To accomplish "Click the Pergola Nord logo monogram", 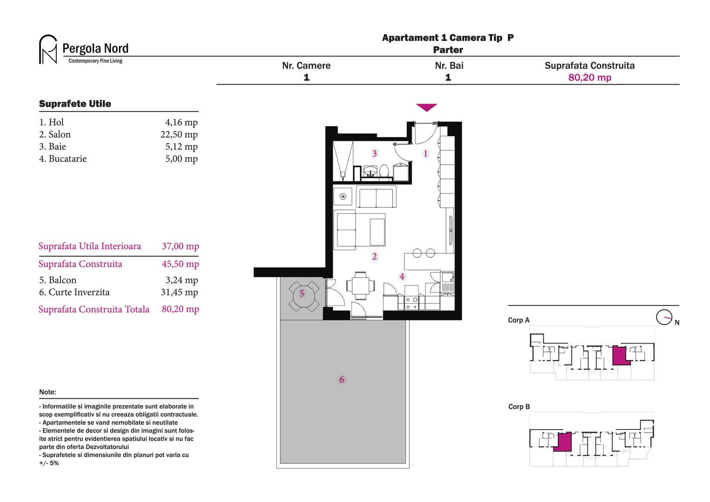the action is (48, 49).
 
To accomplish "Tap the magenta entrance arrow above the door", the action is (427, 107).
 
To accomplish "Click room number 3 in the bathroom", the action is (375, 153).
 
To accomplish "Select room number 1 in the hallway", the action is (425, 153).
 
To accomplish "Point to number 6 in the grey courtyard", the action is (342, 380).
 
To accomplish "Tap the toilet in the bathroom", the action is (384, 171).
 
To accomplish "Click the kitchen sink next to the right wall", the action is (447, 282).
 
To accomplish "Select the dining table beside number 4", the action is (361, 285).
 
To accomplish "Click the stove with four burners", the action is (411, 303).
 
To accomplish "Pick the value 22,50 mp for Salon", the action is (179, 134).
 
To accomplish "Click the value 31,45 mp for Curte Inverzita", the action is (179, 292).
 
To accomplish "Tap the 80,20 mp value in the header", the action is (590, 77).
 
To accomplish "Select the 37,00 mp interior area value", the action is (180, 246).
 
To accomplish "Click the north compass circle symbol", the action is (664, 317).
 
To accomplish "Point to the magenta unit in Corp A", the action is (620, 356).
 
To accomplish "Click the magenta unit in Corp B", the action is (563, 442).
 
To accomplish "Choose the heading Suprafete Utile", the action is (75, 104).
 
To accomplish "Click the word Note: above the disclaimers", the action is (47, 392).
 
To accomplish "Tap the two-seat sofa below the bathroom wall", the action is (376, 197).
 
